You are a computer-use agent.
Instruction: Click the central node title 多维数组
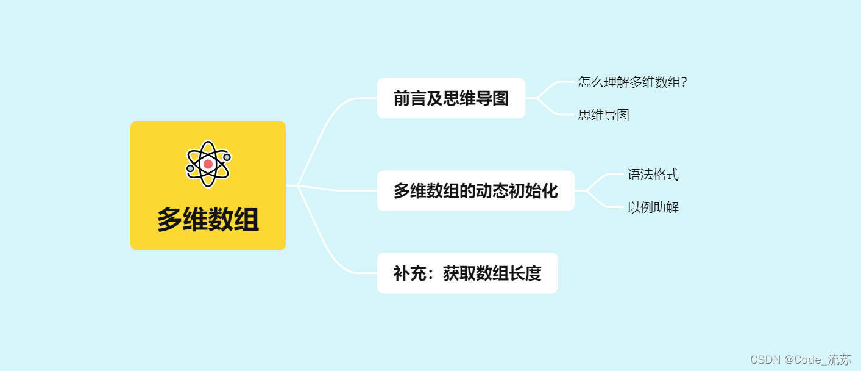pos(208,220)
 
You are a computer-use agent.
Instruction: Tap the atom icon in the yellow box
pos(208,164)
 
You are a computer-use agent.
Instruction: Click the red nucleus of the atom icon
pos(208,164)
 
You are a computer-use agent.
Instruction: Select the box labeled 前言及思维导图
pos(451,98)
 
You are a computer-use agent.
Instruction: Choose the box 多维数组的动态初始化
pos(475,191)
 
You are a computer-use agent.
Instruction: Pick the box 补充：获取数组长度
pos(467,273)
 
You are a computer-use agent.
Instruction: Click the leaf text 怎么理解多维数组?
pos(632,82)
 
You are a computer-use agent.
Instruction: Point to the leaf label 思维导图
pos(603,115)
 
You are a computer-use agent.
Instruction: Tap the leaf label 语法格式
pos(653,175)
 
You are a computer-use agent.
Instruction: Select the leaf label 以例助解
pos(653,207)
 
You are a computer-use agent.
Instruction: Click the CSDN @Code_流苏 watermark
pos(800,359)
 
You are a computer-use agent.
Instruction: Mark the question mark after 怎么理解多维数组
pos(684,82)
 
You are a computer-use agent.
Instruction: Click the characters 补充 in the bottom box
pos(409,273)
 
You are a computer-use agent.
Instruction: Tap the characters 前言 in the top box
pos(409,98)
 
